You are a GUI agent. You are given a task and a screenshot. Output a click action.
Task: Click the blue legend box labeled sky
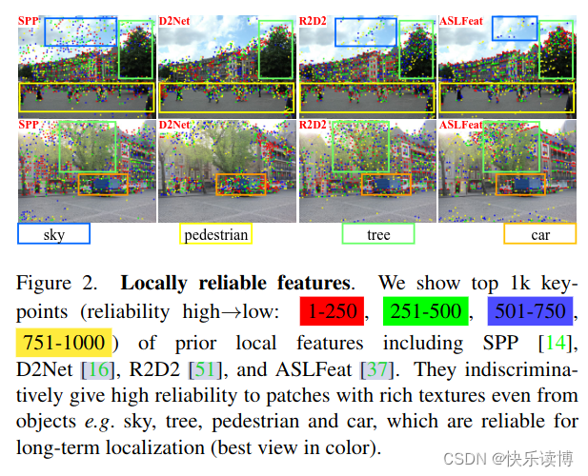tap(53, 234)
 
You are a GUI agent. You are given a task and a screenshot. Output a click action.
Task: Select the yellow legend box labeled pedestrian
tap(216, 234)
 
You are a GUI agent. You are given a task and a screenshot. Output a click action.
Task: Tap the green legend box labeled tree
tap(378, 234)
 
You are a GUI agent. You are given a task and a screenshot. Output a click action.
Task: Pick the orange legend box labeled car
tap(539, 234)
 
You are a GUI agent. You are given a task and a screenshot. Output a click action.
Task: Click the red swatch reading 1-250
tap(333, 310)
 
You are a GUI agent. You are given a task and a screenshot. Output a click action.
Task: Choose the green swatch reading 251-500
tap(424, 310)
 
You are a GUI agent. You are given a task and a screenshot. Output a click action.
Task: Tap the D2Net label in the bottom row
tap(175, 125)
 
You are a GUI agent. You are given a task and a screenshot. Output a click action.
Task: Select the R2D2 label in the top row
tap(314, 21)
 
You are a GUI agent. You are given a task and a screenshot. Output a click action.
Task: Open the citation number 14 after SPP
tap(555, 340)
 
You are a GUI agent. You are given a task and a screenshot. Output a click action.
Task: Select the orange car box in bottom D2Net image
tap(240, 183)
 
